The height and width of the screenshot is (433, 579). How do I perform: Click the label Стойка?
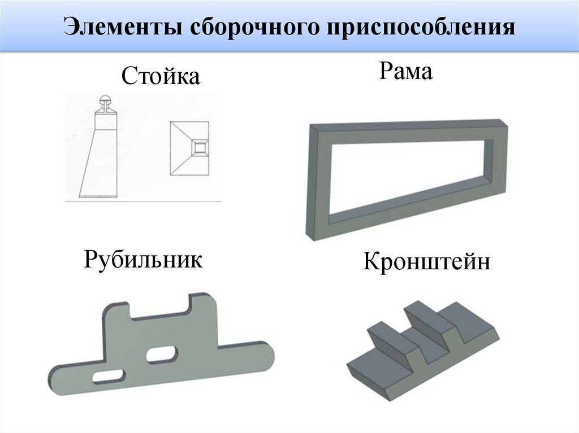[161, 76]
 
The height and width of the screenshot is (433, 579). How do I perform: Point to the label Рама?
[406, 72]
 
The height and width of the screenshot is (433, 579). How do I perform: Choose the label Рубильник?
[143, 260]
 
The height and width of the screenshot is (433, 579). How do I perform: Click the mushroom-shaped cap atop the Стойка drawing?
[106, 102]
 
